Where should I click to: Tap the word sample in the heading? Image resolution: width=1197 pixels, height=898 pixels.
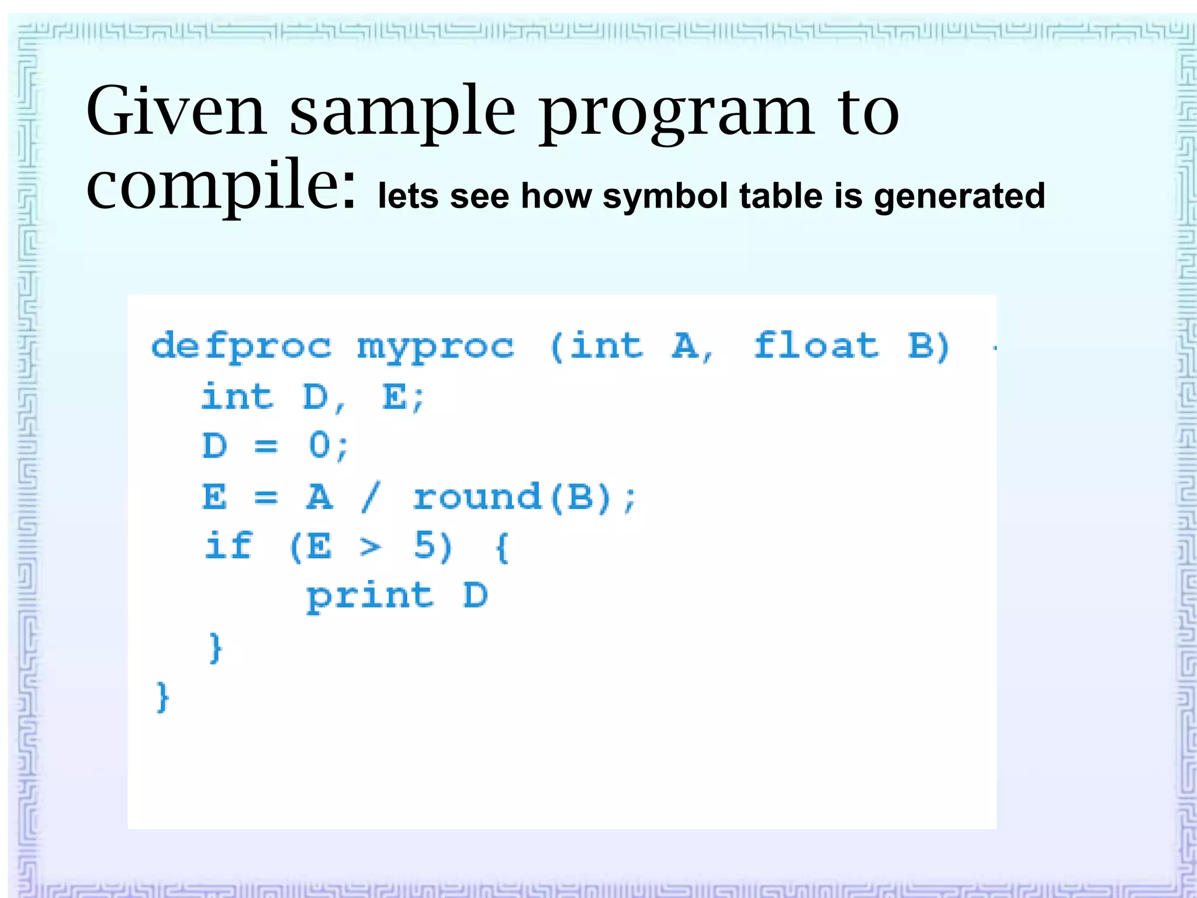(402, 114)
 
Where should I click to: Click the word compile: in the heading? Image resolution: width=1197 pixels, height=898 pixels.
(221, 186)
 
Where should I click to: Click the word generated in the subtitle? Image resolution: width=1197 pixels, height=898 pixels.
(959, 196)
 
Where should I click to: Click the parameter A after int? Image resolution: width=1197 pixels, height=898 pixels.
(686, 346)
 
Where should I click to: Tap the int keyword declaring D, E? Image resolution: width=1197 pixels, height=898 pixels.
(237, 397)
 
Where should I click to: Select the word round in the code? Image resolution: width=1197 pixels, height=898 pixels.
(477, 498)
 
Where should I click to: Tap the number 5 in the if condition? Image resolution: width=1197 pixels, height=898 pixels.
(425, 546)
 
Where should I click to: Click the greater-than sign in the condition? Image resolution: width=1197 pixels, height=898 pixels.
(370, 547)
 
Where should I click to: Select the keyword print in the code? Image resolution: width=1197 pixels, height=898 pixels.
(370, 597)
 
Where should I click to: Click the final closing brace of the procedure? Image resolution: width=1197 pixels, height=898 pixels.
(162, 697)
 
